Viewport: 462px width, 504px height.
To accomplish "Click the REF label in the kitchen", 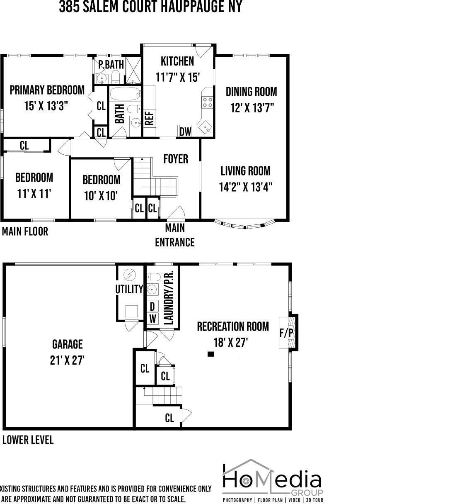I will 149,118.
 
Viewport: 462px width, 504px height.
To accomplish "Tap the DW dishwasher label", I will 185,131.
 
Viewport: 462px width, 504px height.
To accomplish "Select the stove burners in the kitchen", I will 208,102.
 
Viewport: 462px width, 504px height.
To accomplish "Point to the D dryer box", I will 152,307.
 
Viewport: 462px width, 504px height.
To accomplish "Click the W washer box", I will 152,319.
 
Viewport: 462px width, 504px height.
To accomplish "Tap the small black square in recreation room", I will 211,354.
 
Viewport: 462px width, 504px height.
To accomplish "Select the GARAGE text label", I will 67,344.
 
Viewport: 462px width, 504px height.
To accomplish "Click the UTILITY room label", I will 129,289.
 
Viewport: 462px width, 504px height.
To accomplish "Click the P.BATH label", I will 111,65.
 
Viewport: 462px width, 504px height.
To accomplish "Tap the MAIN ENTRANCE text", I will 174,235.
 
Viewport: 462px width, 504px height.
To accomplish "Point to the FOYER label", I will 175,159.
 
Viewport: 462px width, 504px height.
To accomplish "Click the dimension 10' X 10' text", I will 101,195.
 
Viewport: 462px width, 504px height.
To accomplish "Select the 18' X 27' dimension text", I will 231,342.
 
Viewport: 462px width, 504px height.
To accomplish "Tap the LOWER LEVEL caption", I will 28,440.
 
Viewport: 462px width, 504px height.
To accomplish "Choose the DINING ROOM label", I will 251,92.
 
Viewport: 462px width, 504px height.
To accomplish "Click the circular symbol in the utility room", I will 130,275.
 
